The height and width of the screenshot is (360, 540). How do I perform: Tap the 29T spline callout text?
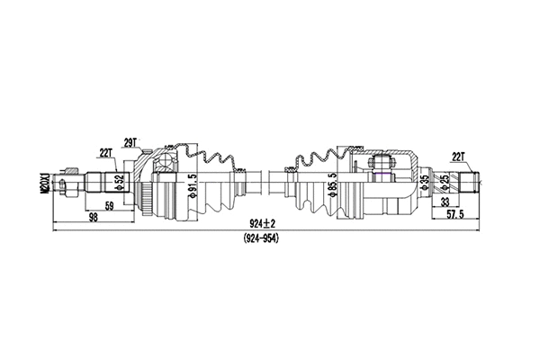click(130, 141)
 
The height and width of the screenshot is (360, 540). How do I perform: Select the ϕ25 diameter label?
click(445, 182)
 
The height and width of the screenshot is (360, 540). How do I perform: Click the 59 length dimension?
click(109, 206)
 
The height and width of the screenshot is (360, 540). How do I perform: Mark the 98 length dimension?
click(94, 219)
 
